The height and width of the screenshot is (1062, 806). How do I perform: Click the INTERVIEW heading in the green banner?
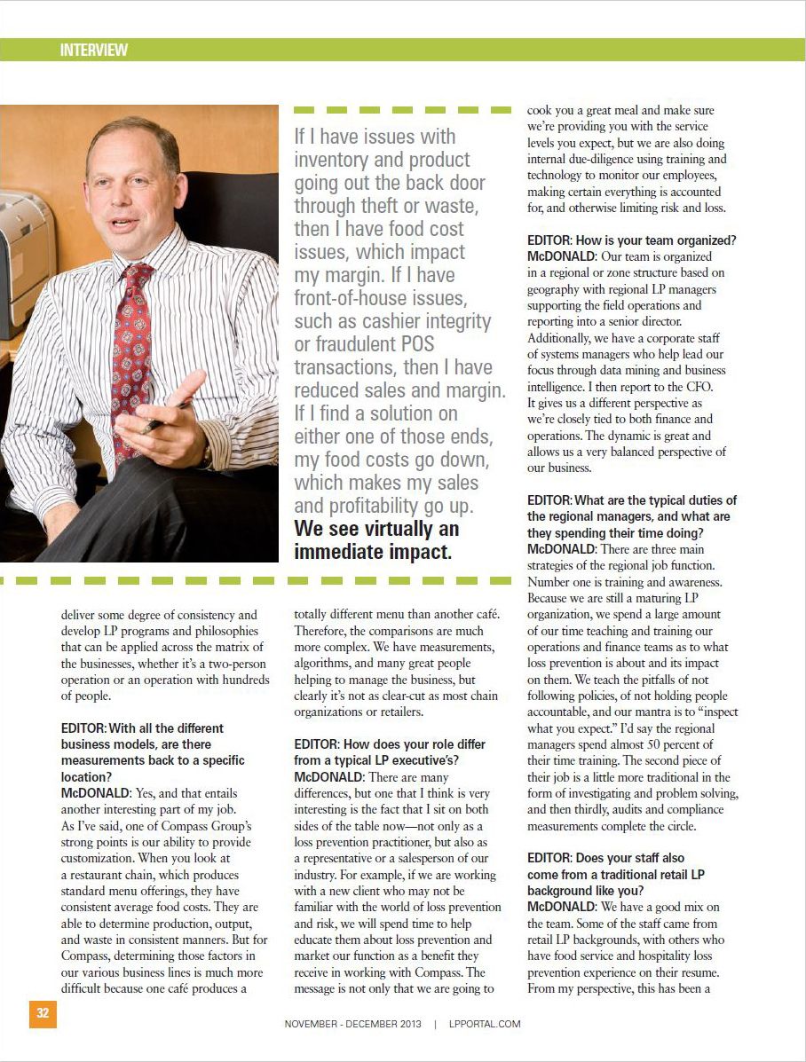[x=93, y=50]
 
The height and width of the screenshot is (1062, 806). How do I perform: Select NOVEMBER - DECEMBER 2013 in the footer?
[x=353, y=1023]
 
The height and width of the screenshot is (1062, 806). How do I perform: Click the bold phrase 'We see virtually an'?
[x=376, y=529]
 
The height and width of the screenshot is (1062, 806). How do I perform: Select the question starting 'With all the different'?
[x=142, y=728]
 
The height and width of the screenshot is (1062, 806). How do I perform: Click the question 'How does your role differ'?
[x=390, y=744]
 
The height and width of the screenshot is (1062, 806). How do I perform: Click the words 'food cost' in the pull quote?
[x=431, y=228]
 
